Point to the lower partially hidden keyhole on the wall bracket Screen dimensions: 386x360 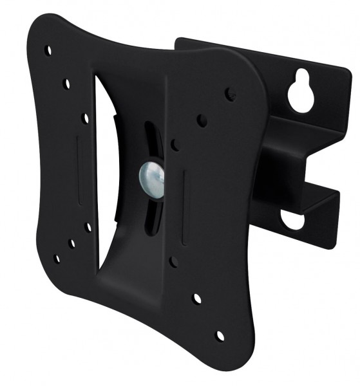tap(293, 221)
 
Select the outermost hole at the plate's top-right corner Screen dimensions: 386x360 tap(230, 94)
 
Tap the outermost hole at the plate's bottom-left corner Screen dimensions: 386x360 tap(57, 259)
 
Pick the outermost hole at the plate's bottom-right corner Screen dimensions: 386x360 tap(220, 335)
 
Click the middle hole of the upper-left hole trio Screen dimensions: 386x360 tap(66, 84)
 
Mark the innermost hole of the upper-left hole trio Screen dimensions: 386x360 tap(85, 118)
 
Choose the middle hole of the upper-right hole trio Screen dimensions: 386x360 tap(202, 120)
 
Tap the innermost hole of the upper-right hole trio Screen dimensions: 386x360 tap(175, 145)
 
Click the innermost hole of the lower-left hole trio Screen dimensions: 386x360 tap(88, 226)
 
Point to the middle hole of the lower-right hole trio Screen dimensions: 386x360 tap(197, 299)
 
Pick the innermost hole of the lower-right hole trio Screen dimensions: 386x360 tap(174, 261)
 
